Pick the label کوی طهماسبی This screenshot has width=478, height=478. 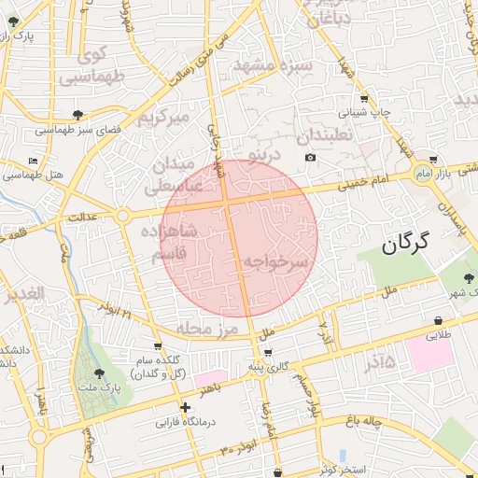click(83, 66)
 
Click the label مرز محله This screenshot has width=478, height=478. click(207, 329)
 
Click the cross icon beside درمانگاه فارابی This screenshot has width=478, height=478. click(185, 407)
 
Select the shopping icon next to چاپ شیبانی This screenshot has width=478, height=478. click(363, 99)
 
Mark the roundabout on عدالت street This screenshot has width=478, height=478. click(122, 216)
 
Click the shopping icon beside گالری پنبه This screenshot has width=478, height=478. click(269, 353)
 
